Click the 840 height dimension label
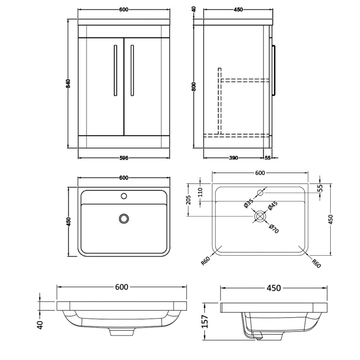[69, 84]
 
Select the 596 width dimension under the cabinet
[124, 157]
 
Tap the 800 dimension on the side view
[194, 86]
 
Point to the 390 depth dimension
[233, 157]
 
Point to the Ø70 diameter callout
[274, 228]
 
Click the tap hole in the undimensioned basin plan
[124, 196]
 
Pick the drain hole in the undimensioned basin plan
[124, 218]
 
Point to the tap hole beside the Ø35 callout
[260, 193]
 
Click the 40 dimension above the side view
[194, 9]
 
